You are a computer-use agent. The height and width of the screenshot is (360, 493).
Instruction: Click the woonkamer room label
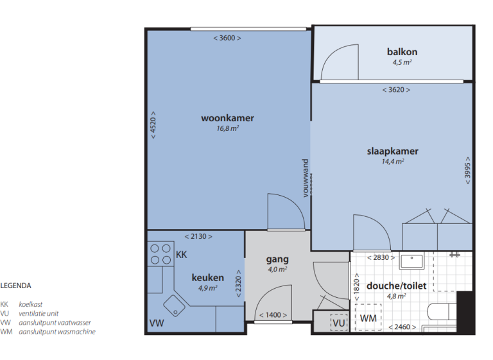coord(227,118)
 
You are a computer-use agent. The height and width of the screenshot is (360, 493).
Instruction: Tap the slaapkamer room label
coord(392,151)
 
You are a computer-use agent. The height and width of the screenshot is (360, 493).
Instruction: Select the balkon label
coord(402,51)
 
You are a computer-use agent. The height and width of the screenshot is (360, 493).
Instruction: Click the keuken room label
coord(207,278)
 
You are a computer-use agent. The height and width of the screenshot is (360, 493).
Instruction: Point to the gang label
coord(277,260)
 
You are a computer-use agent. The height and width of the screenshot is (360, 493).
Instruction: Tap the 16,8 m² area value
coord(227,128)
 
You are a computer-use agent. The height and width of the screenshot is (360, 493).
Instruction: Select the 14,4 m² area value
coord(392,162)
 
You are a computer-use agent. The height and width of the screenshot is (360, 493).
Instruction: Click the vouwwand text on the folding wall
coord(306,178)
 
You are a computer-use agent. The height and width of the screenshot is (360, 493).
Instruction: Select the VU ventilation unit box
coord(338,321)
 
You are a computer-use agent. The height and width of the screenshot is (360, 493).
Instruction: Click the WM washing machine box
coord(368,318)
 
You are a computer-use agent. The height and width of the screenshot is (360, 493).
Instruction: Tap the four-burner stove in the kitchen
coord(160,253)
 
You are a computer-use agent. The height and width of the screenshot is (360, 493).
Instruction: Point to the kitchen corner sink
coord(174,303)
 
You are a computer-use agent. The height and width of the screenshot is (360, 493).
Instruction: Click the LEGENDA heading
coord(15,286)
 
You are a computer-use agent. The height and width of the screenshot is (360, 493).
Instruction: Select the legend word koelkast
coord(31,305)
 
